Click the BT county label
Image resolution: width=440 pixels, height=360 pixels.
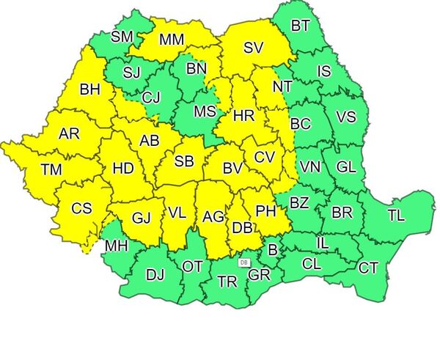pos(300,26)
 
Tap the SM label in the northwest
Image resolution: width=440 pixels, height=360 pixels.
pos(122,37)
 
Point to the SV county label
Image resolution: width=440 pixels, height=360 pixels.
pos(253,48)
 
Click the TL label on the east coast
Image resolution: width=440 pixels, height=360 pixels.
pos(396,216)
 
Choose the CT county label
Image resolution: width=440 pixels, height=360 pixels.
pos(368,268)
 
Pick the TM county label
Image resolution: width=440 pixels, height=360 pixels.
pos(51,170)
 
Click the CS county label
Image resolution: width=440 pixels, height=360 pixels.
pos(81,208)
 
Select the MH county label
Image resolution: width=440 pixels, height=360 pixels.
pos(116,246)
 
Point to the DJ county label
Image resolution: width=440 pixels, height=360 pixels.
pos(155,275)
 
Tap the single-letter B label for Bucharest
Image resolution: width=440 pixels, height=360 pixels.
pos(273,251)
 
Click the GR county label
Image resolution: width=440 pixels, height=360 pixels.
pos(259,275)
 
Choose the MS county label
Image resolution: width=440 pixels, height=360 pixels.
pos(205,111)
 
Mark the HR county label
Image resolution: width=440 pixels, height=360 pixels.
pos(243,116)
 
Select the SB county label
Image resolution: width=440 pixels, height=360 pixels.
pos(185,161)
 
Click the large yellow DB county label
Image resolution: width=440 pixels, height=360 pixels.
pos(242,228)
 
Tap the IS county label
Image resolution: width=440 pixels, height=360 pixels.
pos(324,71)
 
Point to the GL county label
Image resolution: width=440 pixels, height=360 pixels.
pos(346,166)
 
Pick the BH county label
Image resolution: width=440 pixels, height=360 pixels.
pos(90,90)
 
